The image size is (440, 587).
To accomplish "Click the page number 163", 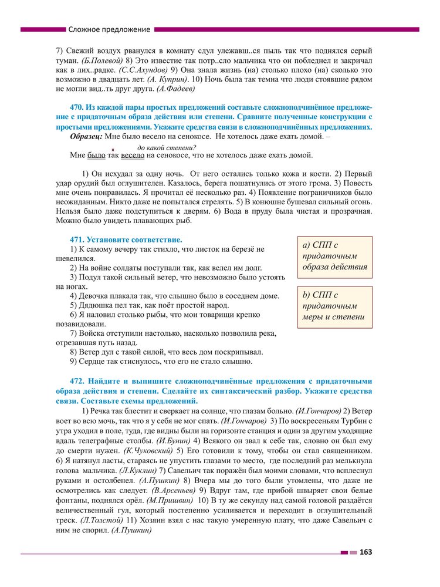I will (366, 552).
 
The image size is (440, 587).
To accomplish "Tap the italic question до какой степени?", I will (166, 147).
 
